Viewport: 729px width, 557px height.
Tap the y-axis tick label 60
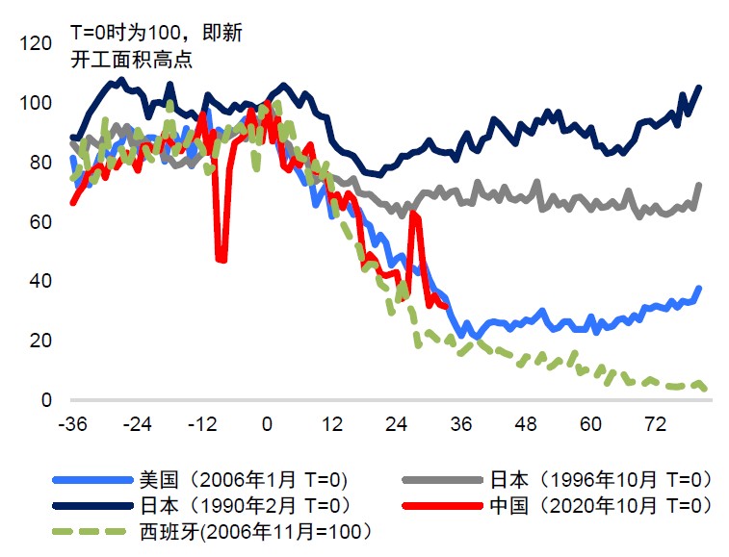click(39, 221)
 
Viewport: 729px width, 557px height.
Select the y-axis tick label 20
click(39, 341)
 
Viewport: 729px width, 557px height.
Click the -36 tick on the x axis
click(73, 425)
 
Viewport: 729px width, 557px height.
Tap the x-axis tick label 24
click(397, 425)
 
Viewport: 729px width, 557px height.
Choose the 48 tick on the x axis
click(526, 425)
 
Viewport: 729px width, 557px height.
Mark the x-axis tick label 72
click(656, 425)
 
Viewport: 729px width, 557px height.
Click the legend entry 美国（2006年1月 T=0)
click(243, 479)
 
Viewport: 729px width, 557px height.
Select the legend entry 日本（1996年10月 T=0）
click(600, 479)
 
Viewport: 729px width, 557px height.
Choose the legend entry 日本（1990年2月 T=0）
click(243, 504)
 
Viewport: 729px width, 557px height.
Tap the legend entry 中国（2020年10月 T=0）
click(600, 504)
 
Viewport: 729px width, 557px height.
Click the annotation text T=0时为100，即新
click(157, 33)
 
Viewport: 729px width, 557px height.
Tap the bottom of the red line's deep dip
click(221, 260)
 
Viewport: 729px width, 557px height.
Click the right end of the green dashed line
click(707, 389)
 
